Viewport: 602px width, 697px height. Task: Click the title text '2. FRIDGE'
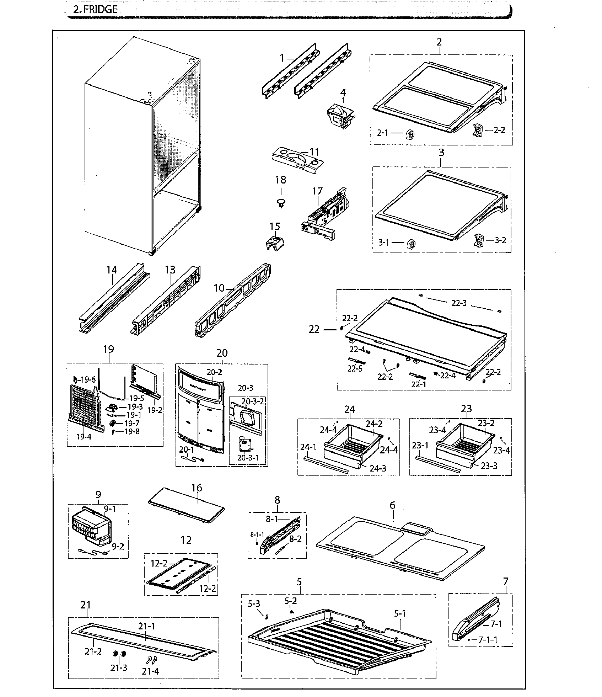click(95, 9)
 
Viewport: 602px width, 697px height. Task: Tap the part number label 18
click(280, 180)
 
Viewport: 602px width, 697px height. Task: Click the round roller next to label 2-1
click(410, 135)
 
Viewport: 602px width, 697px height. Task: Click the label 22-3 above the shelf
click(459, 303)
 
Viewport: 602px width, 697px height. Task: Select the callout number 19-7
click(131, 423)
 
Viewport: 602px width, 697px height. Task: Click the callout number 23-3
click(489, 465)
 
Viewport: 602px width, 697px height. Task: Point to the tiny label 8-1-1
click(257, 534)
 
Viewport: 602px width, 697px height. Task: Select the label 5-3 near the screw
click(254, 603)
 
